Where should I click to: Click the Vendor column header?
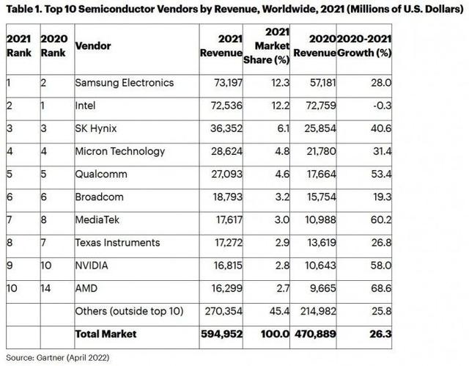[92, 45]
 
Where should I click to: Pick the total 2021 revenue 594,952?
[222, 334]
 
